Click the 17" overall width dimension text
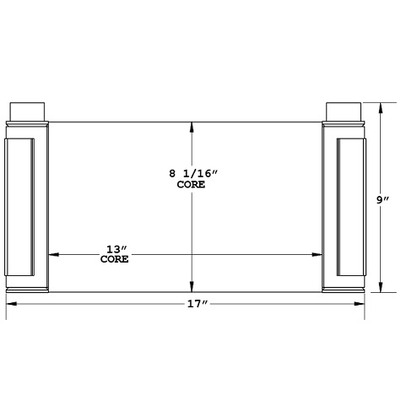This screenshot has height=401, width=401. click(198, 303)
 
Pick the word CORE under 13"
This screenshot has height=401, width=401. click(115, 260)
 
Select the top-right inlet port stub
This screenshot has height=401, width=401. click(344, 111)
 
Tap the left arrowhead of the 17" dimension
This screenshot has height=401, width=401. click(11, 303)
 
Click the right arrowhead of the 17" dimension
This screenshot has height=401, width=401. click(361, 303)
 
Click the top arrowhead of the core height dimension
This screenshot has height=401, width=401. click(193, 127)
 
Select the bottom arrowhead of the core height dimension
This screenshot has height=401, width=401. click(193, 287)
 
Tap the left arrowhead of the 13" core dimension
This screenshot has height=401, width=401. click(53, 253)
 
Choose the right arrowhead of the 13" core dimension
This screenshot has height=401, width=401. click(318, 253)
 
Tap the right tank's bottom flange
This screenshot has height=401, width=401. click(344, 292)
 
